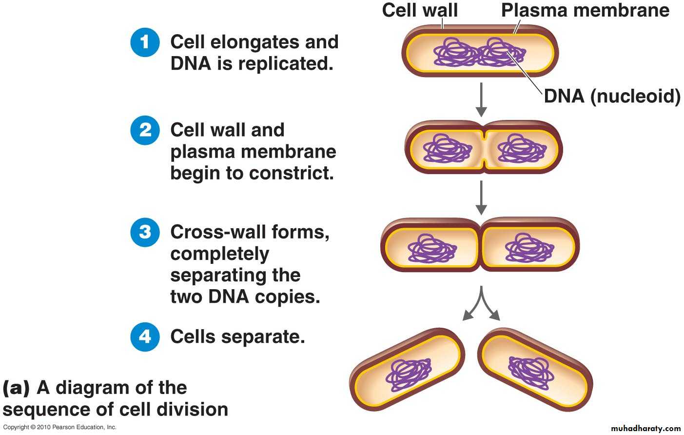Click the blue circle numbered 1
pos(145,42)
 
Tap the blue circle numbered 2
pos(145,130)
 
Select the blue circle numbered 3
pos(145,232)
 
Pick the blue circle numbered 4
pos(145,336)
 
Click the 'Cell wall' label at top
pos(420,10)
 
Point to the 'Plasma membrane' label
pos(585,10)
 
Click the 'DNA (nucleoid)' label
pos(612,96)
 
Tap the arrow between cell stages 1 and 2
pos(481,99)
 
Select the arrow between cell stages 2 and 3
pos(481,198)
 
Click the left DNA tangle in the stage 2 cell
pos(447,148)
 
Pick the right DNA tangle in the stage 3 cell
pos(529,248)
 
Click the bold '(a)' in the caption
pos(16,388)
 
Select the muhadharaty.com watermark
pos(645,428)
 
